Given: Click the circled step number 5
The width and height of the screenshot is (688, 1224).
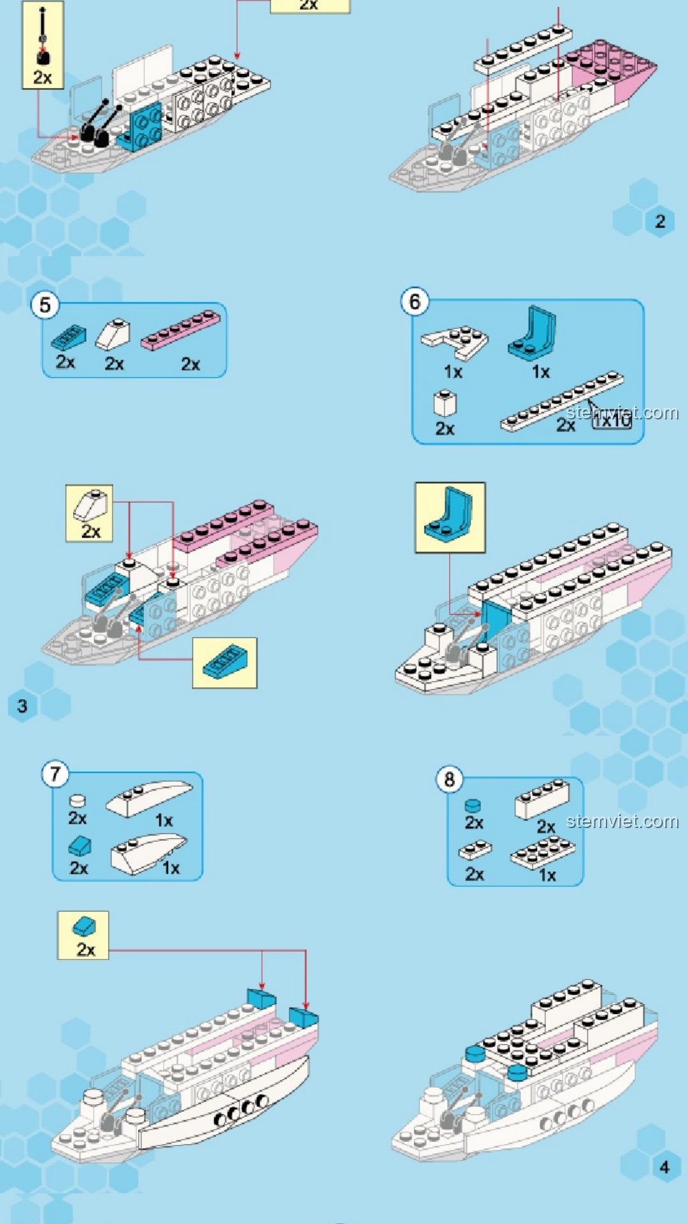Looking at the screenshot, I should click(45, 305).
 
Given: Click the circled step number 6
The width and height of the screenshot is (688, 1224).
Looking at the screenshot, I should click(415, 302).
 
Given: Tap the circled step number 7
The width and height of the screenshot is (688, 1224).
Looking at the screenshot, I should click(55, 774).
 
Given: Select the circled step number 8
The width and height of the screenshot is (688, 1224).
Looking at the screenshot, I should click(449, 779).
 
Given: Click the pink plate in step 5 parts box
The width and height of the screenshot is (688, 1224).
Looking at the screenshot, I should click(180, 330).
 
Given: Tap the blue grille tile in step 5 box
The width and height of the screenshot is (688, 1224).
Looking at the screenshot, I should click(68, 337).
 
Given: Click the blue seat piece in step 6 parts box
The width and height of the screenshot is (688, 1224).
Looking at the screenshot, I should click(533, 331).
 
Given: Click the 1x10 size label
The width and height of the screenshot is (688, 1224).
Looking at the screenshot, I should click(612, 419).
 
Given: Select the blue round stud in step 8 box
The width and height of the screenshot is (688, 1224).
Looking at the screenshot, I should click(473, 806).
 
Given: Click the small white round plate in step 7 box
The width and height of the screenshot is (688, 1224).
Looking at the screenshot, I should click(77, 801).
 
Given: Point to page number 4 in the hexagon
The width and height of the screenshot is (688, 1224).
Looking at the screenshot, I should click(664, 1167).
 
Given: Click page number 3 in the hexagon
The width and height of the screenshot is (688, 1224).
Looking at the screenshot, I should click(22, 706).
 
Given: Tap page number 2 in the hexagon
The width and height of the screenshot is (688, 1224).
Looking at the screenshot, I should click(660, 221).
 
